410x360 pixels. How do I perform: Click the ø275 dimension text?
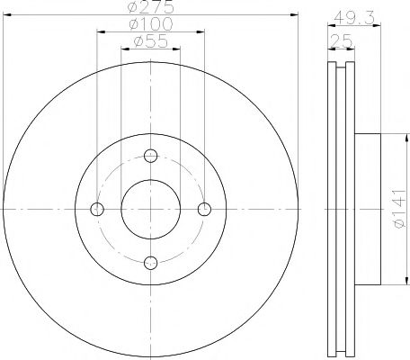[151, 8]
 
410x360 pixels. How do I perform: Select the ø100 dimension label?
[151, 25]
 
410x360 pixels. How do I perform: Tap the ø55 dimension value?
[150, 41]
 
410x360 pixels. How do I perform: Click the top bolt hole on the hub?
[151, 156]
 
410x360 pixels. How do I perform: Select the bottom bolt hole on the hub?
[151, 262]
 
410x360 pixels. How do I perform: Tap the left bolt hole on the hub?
[98, 209]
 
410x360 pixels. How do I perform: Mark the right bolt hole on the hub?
[204, 209]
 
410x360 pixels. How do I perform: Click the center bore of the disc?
[151, 209]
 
